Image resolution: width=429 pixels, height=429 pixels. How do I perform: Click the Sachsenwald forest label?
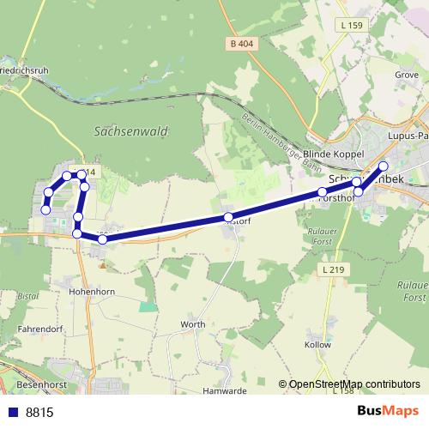(x=130, y=131)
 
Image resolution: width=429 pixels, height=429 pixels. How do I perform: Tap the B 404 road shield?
(x=244, y=43)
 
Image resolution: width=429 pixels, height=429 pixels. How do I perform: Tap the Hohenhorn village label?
(x=93, y=292)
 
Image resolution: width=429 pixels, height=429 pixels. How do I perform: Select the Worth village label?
(x=192, y=324)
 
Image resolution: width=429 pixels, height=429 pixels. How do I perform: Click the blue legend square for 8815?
(x=12, y=412)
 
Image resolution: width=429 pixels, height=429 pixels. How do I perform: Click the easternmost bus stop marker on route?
(x=384, y=166)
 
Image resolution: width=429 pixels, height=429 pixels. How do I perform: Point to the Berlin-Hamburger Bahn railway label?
(x=275, y=130)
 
